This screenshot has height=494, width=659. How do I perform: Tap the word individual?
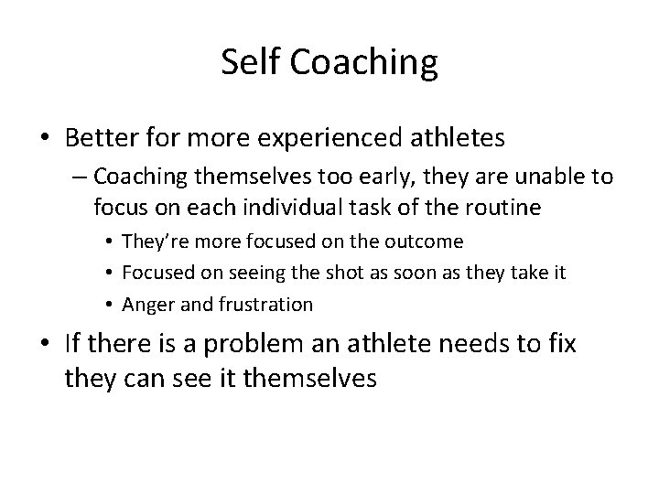pyautogui.click(x=290, y=208)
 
